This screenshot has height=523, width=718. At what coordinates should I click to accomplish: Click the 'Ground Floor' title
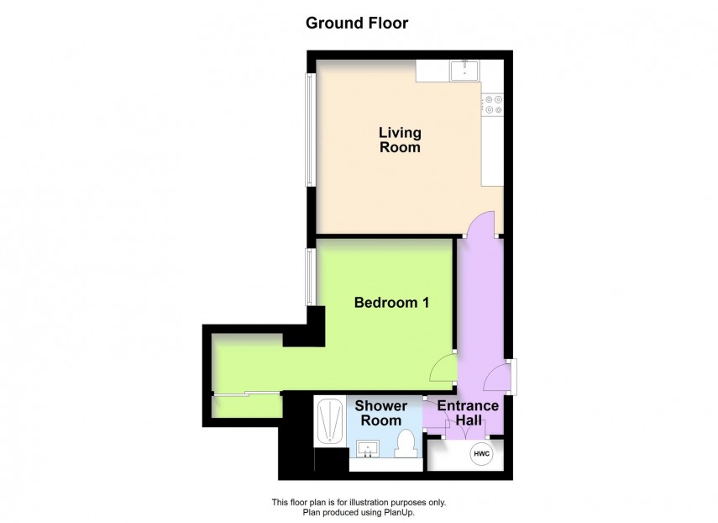(357, 23)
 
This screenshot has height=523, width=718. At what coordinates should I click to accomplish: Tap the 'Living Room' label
(399, 140)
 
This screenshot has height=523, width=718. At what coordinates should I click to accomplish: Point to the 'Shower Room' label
(383, 413)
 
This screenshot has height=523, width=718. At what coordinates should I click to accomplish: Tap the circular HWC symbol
(481, 454)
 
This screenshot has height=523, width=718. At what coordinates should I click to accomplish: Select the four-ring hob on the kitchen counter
(492, 104)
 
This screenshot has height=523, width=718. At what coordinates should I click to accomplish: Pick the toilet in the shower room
(406, 443)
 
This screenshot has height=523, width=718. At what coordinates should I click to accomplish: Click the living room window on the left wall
(310, 129)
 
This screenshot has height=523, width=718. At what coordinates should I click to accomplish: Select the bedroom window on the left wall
(310, 276)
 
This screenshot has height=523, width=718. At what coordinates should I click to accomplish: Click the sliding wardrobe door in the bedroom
(246, 394)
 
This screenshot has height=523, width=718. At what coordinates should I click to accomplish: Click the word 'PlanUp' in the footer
(401, 511)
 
